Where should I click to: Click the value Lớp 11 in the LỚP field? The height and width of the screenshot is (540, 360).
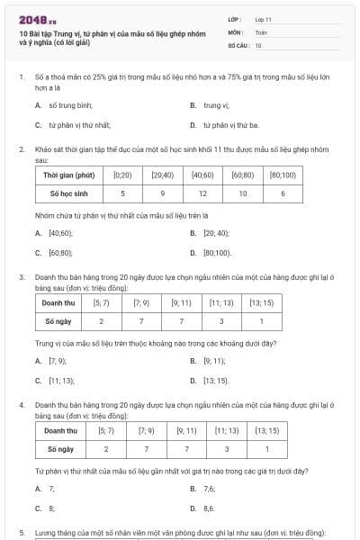click(x=263, y=18)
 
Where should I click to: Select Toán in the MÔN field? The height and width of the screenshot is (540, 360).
click(x=261, y=31)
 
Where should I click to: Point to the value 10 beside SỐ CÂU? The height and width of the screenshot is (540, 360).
click(x=258, y=44)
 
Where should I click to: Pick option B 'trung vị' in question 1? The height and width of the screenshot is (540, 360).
click(x=214, y=105)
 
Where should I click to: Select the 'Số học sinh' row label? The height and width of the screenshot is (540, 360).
click(x=68, y=193)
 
